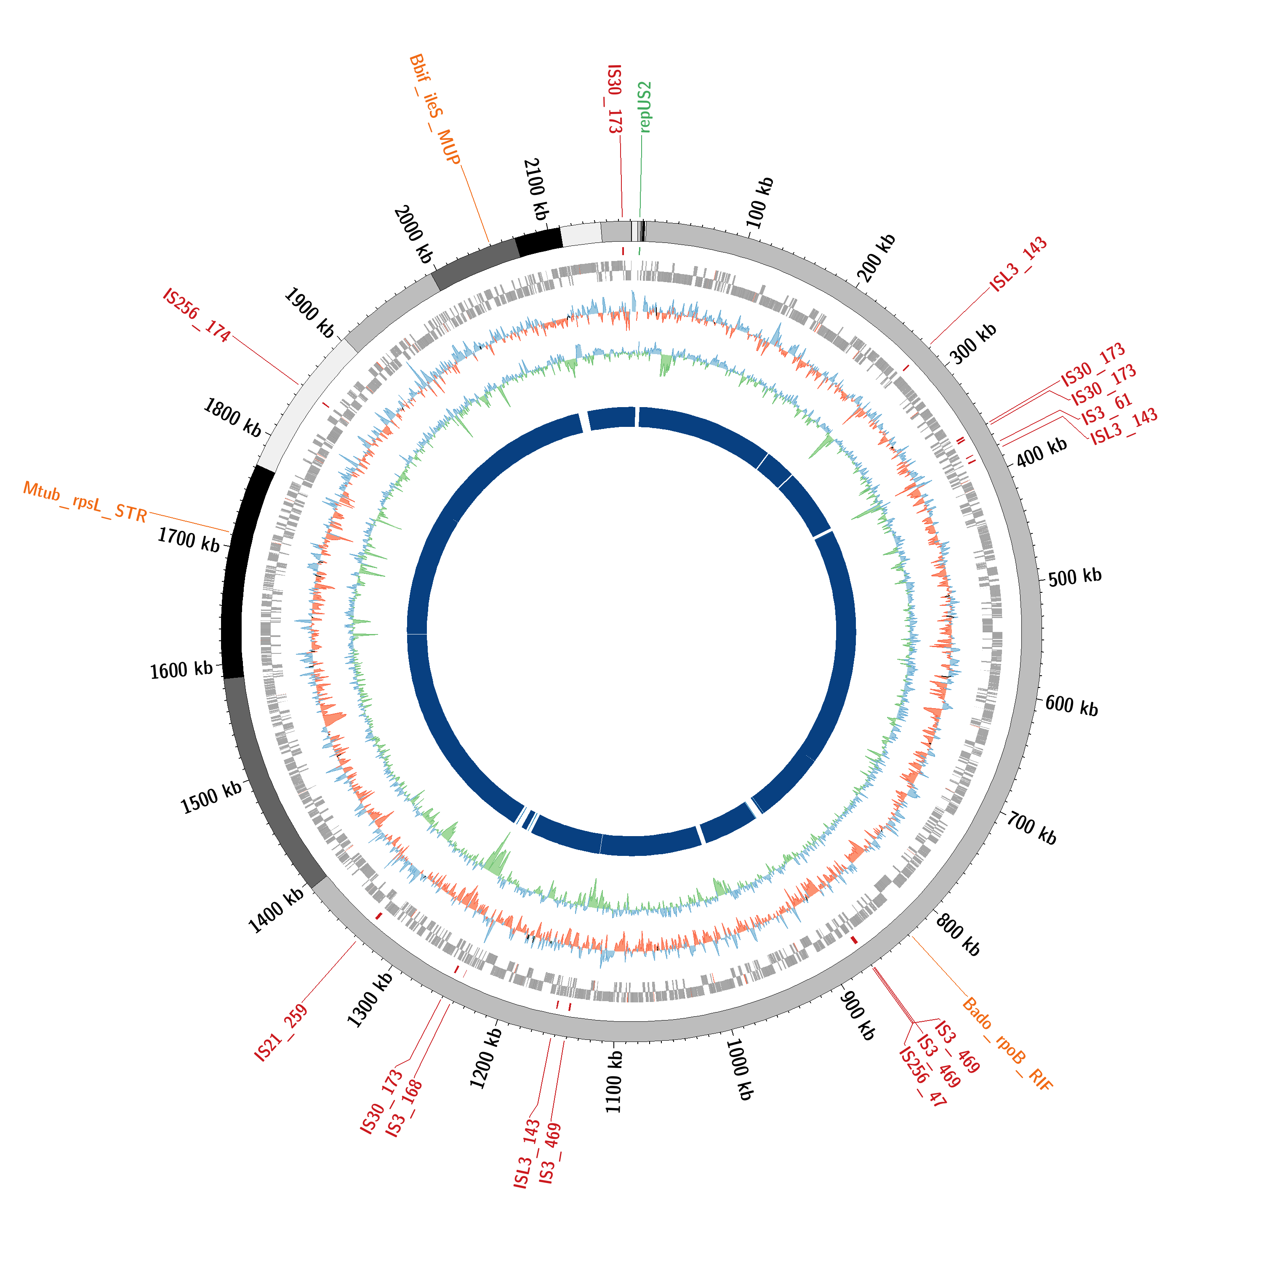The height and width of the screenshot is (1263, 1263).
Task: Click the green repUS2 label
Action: (645, 107)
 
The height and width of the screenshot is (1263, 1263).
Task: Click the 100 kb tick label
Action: (759, 202)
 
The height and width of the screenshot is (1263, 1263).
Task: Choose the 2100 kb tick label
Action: (536, 189)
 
